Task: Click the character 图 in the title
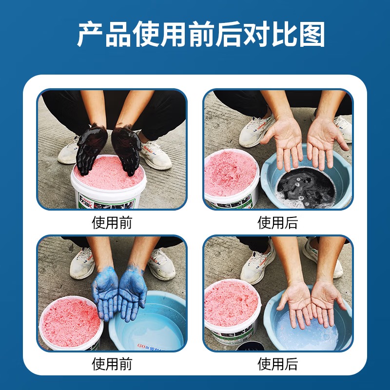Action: click(x=312, y=35)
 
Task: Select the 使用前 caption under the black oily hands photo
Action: click(x=112, y=223)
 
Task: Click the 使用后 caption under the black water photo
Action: click(x=278, y=223)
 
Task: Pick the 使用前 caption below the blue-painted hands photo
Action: click(x=112, y=364)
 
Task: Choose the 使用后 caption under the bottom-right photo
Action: click(x=278, y=364)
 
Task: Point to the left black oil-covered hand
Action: click(x=90, y=146)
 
